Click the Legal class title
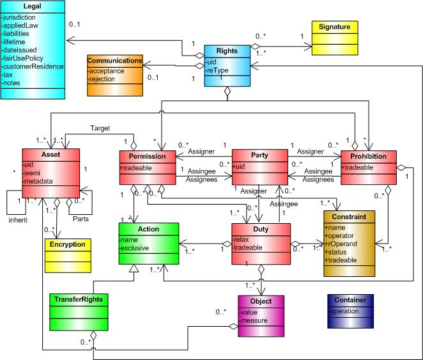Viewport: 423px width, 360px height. point(33,5)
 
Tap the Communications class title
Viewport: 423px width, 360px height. point(115,61)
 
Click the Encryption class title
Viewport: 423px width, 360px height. point(67,244)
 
